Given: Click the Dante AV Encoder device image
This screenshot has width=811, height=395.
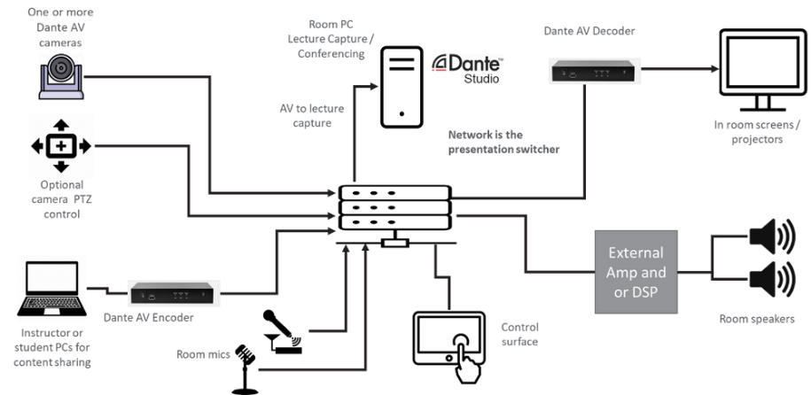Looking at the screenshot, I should tap(175, 292).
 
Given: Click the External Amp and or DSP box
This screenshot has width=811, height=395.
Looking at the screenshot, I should tap(636, 272).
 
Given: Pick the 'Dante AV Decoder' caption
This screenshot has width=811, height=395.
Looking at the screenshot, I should tap(589, 32).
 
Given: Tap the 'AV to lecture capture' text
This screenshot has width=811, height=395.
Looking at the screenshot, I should tap(312, 115).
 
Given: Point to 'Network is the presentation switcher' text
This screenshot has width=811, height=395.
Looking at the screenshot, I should tap(504, 142).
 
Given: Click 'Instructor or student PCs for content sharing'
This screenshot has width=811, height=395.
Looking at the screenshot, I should tap(56, 347).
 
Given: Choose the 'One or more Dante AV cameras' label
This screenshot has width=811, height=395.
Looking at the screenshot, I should tap(61, 27).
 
